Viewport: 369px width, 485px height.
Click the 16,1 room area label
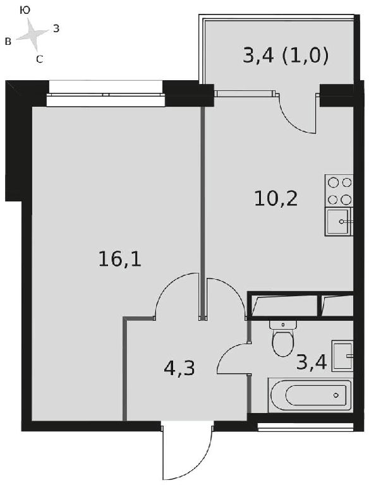(x=120, y=259)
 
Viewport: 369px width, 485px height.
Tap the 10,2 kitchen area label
(x=276, y=198)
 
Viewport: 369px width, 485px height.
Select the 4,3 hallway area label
(x=179, y=368)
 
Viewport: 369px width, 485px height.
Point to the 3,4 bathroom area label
(x=312, y=362)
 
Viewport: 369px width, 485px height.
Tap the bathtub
(x=310, y=395)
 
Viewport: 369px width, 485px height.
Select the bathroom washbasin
(x=342, y=356)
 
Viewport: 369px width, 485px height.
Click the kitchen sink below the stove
(x=339, y=222)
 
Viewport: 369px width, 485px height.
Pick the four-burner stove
(x=339, y=191)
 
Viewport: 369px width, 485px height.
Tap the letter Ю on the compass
(x=25, y=11)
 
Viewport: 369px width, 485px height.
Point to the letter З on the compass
(x=56, y=29)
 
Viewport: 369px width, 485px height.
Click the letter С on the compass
(x=39, y=59)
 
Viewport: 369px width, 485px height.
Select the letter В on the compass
(x=8, y=42)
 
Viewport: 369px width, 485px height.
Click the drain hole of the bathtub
(x=336, y=395)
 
